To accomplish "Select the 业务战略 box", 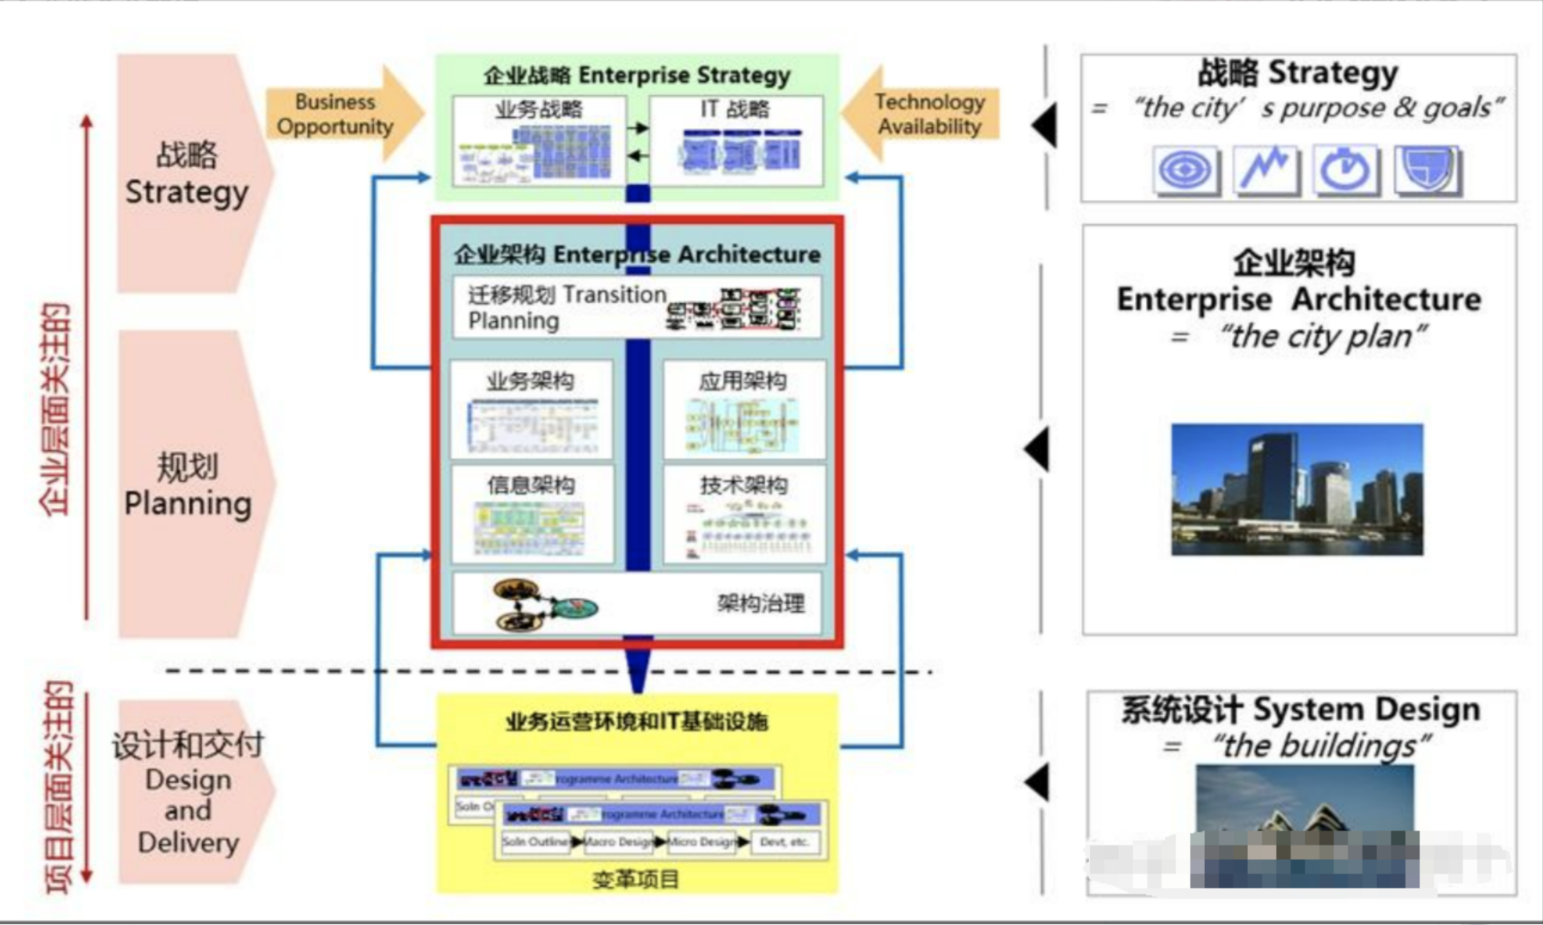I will pyautogui.click(x=539, y=141).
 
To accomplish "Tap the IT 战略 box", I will pyautogui.click(x=736, y=141).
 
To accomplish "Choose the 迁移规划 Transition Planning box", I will pyautogui.click(x=637, y=307).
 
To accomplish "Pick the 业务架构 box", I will pyautogui.click(x=531, y=410).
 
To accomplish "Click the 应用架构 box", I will pyautogui.click(x=744, y=410).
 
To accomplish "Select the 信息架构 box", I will pyautogui.click(x=532, y=514).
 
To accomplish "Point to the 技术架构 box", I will pyautogui.click(x=744, y=514).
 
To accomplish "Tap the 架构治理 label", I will pyautogui.click(x=761, y=604).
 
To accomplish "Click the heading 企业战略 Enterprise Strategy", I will pyautogui.click(x=637, y=75).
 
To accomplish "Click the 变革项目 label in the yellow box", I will pyautogui.click(x=635, y=879).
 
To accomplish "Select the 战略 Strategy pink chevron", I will pyautogui.click(x=189, y=173).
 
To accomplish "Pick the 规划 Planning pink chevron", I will pyautogui.click(x=189, y=485).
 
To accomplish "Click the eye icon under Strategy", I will pyautogui.click(x=1185, y=170).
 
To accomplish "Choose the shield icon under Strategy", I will pyautogui.click(x=1427, y=169).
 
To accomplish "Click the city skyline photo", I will pyautogui.click(x=1297, y=490).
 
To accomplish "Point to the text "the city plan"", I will pyautogui.click(x=1321, y=336).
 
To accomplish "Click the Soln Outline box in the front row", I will pyautogui.click(x=535, y=842).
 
